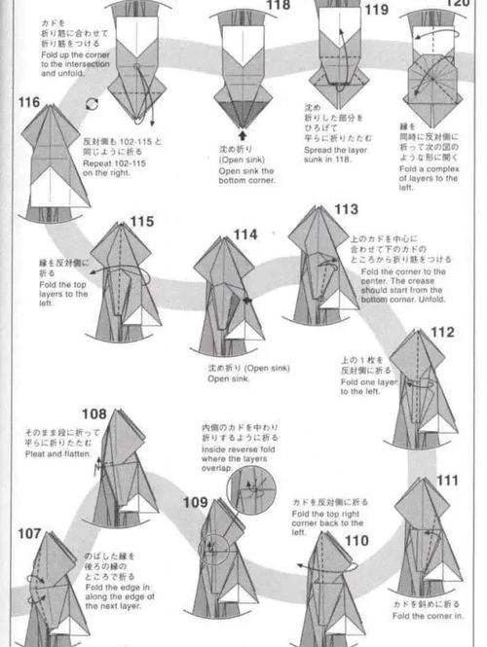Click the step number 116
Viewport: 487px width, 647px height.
pyautogui.click(x=28, y=102)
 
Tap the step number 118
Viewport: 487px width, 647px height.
pyautogui.click(x=278, y=6)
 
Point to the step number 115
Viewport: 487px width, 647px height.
pyautogui.click(x=141, y=222)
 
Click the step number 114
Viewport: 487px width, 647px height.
pyautogui.click(x=244, y=234)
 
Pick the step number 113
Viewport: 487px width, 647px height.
pyautogui.click(x=346, y=209)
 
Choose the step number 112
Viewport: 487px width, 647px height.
pyautogui.click(x=442, y=333)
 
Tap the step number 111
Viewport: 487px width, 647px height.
pyautogui.click(x=447, y=481)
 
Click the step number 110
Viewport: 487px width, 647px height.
pyautogui.click(x=356, y=540)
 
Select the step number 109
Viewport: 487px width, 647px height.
pyautogui.click(x=195, y=502)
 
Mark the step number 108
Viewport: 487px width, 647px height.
pyautogui.click(x=94, y=413)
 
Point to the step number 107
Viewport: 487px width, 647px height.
pyautogui.click(x=29, y=533)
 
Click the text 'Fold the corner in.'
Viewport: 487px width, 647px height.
pyautogui.click(x=425, y=614)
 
